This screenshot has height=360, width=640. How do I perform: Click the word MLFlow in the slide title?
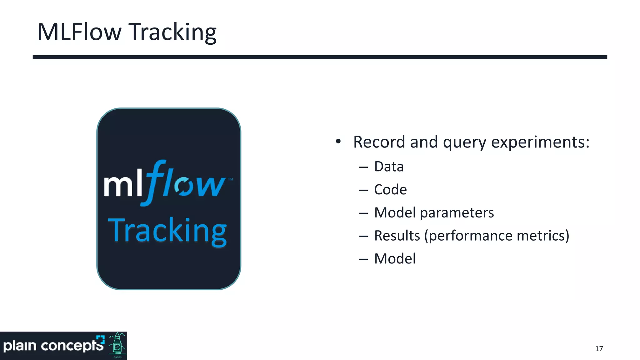click(79, 32)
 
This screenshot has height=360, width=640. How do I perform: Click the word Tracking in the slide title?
click(172, 32)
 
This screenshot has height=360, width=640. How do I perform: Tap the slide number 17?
click(599, 349)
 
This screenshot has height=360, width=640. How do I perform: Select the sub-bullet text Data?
click(389, 167)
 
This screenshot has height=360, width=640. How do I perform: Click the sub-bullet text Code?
click(390, 190)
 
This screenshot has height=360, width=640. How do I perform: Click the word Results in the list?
click(397, 236)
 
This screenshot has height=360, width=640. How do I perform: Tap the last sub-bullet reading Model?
click(395, 259)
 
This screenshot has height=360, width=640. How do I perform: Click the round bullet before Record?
click(338, 142)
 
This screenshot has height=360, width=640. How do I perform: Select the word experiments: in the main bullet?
click(540, 142)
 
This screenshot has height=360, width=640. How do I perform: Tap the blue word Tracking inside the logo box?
click(167, 230)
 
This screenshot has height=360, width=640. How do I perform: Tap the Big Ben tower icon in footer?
click(117, 346)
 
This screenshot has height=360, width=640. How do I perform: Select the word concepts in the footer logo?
click(72, 346)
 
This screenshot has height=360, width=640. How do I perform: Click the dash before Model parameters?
click(363, 213)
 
